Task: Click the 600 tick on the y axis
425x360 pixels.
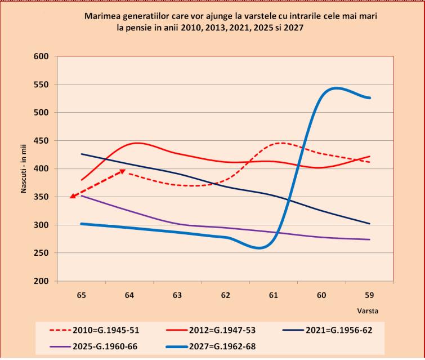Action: point(41,56)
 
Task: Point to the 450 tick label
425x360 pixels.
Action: point(41,141)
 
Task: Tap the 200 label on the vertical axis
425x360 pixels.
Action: point(41,281)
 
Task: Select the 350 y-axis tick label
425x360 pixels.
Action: point(41,197)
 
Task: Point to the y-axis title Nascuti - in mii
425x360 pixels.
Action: point(24,169)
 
